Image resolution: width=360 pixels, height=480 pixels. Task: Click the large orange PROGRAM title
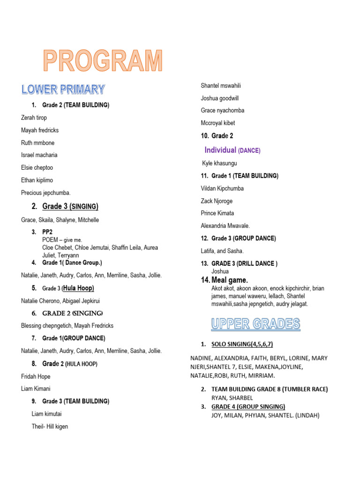pyautogui.click(x=103, y=61)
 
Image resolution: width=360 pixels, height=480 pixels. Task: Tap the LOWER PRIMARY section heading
pyautogui.click(x=63, y=89)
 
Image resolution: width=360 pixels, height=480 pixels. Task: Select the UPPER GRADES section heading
pyautogui.click(x=255, y=323)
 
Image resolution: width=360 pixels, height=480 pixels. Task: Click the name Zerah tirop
pyautogui.click(x=34, y=118)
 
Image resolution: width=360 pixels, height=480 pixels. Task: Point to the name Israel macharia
pyautogui.click(x=39, y=155)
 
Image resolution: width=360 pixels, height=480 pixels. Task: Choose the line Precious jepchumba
pyautogui.click(x=45, y=192)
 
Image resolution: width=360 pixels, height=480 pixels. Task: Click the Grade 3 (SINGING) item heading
pyautogui.click(x=70, y=206)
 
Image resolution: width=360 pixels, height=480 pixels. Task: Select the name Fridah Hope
pyautogui.click(x=36, y=376)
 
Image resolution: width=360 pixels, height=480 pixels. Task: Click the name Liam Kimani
pyautogui.click(x=36, y=389)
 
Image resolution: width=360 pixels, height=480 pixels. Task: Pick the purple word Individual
pyautogui.click(x=220, y=150)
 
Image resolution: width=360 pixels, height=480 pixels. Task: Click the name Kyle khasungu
pyautogui.click(x=219, y=163)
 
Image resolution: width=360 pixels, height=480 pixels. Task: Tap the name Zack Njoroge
pyautogui.click(x=217, y=201)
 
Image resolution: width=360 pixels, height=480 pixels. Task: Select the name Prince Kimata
pyautogui.click(x=217, y=213)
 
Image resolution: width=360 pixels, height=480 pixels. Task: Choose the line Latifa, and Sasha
pyautogui.click(x=222, y=251)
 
